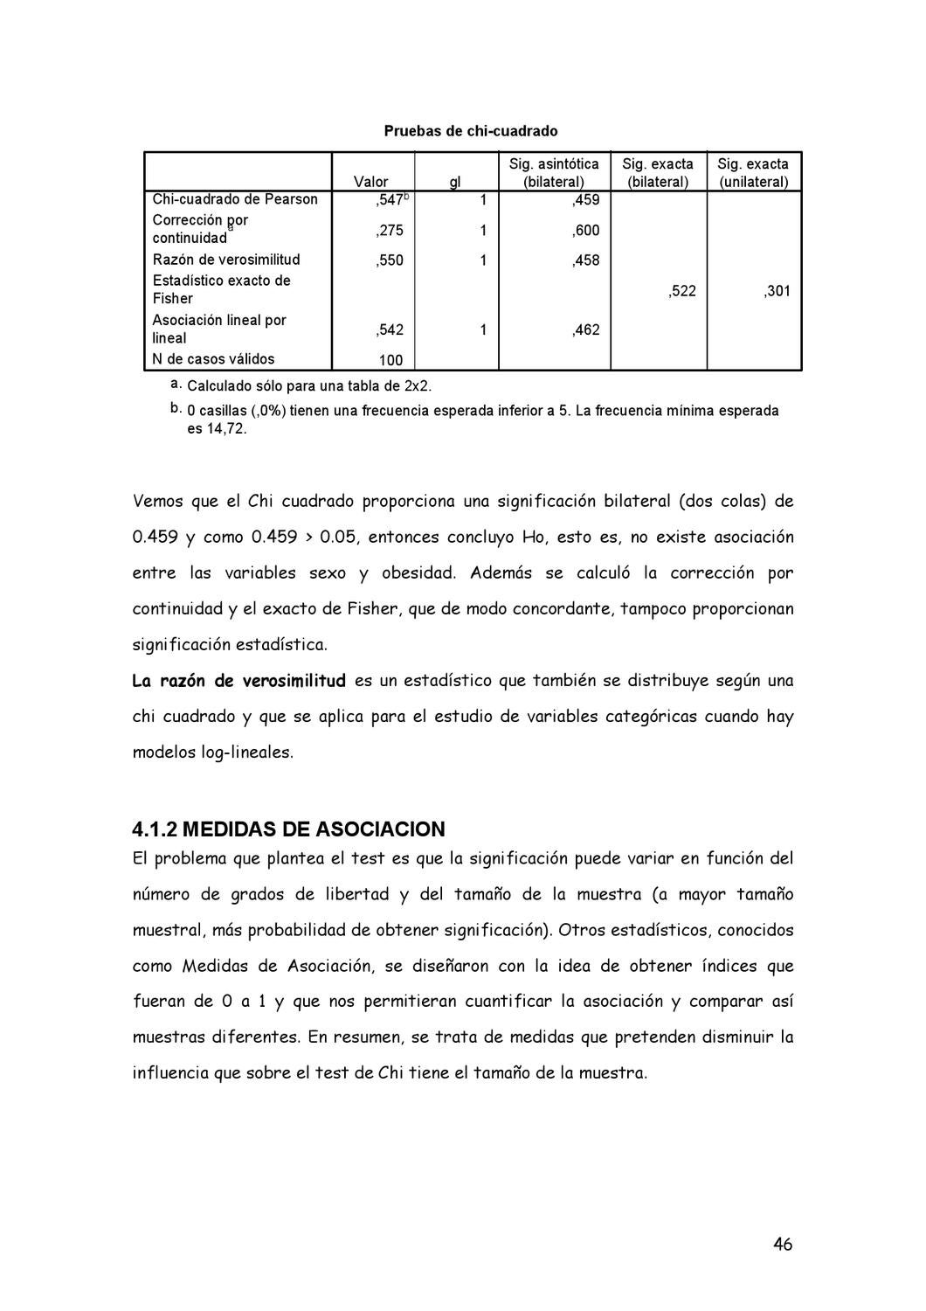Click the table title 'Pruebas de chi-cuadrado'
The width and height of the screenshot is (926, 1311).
coord(470,131)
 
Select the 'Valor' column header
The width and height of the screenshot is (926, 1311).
coord(371,182)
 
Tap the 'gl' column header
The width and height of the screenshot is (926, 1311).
coord(455,182)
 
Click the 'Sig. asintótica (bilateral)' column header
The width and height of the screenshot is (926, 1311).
coord(554,173)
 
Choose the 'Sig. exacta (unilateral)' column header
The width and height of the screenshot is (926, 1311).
coord(753,173)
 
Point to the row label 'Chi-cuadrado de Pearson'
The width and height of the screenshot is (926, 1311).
coord(235,199)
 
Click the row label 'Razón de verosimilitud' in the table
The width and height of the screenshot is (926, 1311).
coord(226,260)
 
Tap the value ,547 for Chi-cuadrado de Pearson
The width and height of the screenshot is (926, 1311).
coord(389,200)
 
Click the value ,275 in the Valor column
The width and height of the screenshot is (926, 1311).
coord(390,231)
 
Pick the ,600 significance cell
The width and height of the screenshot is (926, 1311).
coord(585,231)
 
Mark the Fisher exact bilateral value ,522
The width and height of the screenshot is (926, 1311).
coord(682,291)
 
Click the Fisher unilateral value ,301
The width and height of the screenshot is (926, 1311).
coord(777,291)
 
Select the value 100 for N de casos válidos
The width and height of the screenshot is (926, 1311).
coord(390,360)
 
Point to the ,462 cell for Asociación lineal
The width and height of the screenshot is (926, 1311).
coord(585,329)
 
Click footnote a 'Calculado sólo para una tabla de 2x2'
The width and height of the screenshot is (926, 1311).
coord(309,386)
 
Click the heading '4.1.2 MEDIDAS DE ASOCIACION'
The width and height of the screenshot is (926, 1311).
coord(288,829)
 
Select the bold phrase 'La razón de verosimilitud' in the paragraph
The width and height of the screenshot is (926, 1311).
coord(238,681)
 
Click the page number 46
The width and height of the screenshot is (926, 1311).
coord(783,1245)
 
